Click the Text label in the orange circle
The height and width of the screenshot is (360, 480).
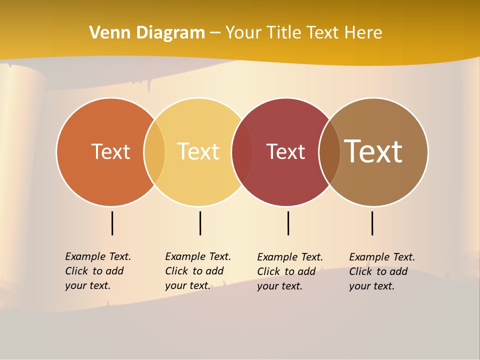pyautogui.click(x=110, y=151)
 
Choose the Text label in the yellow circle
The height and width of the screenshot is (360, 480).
pyautogui.click(x=198, y=151)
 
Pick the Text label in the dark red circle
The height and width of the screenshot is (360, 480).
pyautogui.click(x=285, y=152)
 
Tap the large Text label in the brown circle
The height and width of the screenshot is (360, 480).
pyautogui.click(x=373, y=151)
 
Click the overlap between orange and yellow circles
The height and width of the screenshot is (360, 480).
pyautogui.click(x=154, y=151)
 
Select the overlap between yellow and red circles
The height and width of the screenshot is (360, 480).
pyautogui.click(x=242, y=151)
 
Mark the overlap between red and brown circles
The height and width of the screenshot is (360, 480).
pyautogui.click(x=329, y=151)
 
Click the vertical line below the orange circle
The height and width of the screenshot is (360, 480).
pyautogui.click(x=112, y=223)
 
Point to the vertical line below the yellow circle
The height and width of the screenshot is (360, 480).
pyautogui.click(x=200, y=223)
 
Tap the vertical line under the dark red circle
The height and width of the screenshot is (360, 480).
pyautogui.click(x=288, y=223)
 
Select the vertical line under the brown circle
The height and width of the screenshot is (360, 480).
pyautogui.click(x=372, y=223)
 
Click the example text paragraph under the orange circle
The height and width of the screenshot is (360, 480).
pyautogui.click(x=98, y=271)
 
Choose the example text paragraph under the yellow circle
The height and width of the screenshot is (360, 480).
pyautogui.click(x=198, y=271)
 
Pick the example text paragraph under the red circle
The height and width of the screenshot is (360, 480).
pyautogui.click(x=290, y=271)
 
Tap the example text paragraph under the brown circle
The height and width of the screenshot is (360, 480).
pyautogui.click(x=382, y=271)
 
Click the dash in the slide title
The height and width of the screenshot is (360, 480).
pyautogui.click(x=215, y=33)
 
